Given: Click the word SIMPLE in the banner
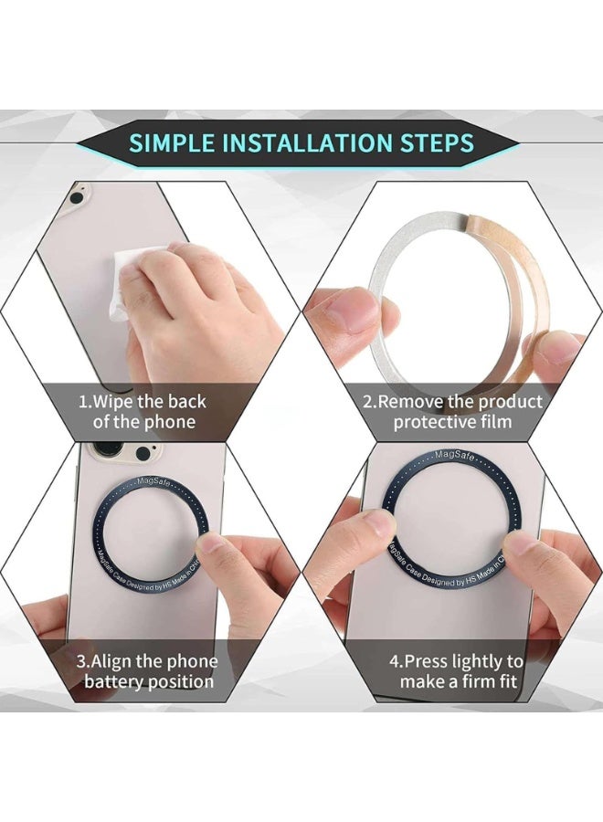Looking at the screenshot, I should click(173, 142).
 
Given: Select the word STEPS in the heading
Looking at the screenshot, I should click(437, 142).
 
